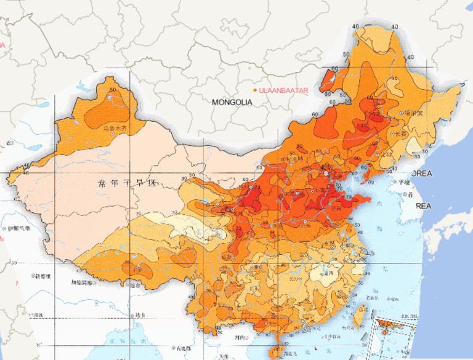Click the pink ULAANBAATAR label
(x=284, y=90)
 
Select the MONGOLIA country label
(x=232, y=103)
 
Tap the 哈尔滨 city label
(x=414, y=113)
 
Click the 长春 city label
(x=402, y=134)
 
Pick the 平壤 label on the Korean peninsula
(x=404, y=182)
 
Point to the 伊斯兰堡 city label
(x=16, y=228)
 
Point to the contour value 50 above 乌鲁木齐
(x=111, y=90)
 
